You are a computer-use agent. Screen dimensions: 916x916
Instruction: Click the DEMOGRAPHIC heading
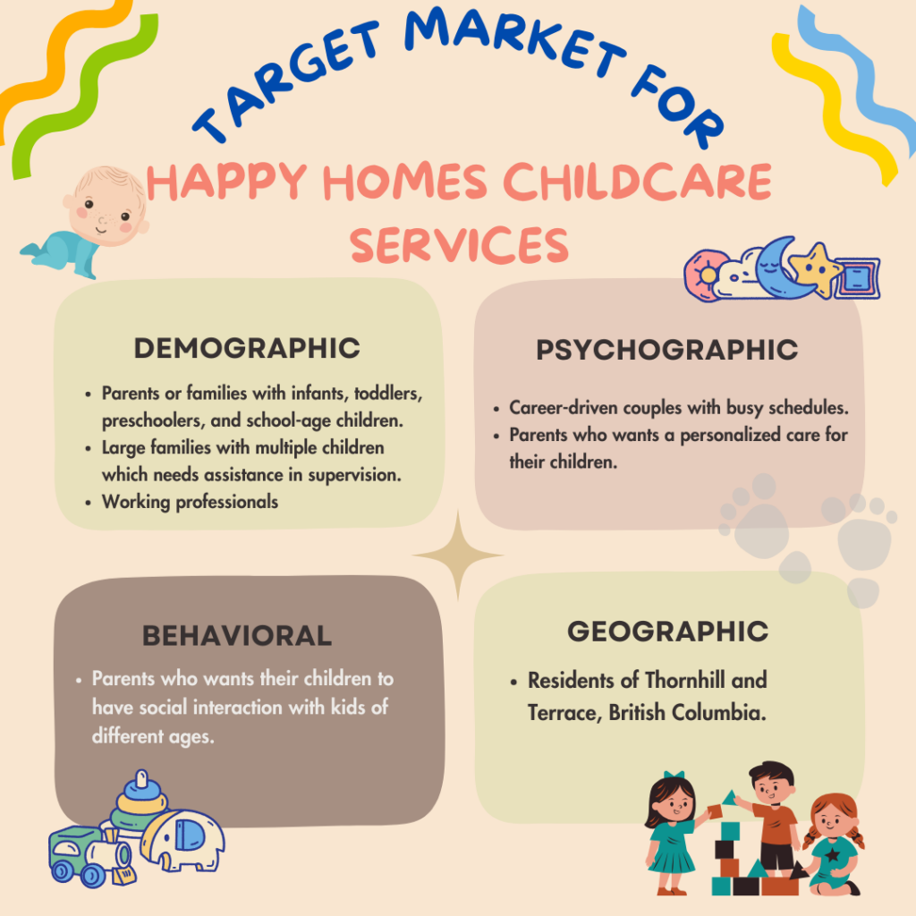coord(247,348)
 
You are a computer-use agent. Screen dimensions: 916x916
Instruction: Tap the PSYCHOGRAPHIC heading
coord(667,350)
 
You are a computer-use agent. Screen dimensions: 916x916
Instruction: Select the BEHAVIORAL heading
coord(237,636)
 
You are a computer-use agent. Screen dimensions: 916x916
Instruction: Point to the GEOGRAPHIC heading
coord(667,632)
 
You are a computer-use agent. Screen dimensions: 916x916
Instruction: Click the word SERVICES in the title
coord(459,245)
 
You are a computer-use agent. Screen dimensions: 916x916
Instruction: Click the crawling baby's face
coord(106,208)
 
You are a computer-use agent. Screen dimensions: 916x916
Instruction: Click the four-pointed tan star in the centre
coord(458,556)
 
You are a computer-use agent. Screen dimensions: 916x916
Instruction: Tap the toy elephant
coord(182,840)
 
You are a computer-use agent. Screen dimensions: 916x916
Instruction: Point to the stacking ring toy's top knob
coord(141,779)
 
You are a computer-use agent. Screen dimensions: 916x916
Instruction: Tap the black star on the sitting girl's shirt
coord(833,854)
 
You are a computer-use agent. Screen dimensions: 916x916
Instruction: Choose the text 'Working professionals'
coord(190,502)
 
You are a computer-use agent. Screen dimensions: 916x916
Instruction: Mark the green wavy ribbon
coord(81,97)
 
